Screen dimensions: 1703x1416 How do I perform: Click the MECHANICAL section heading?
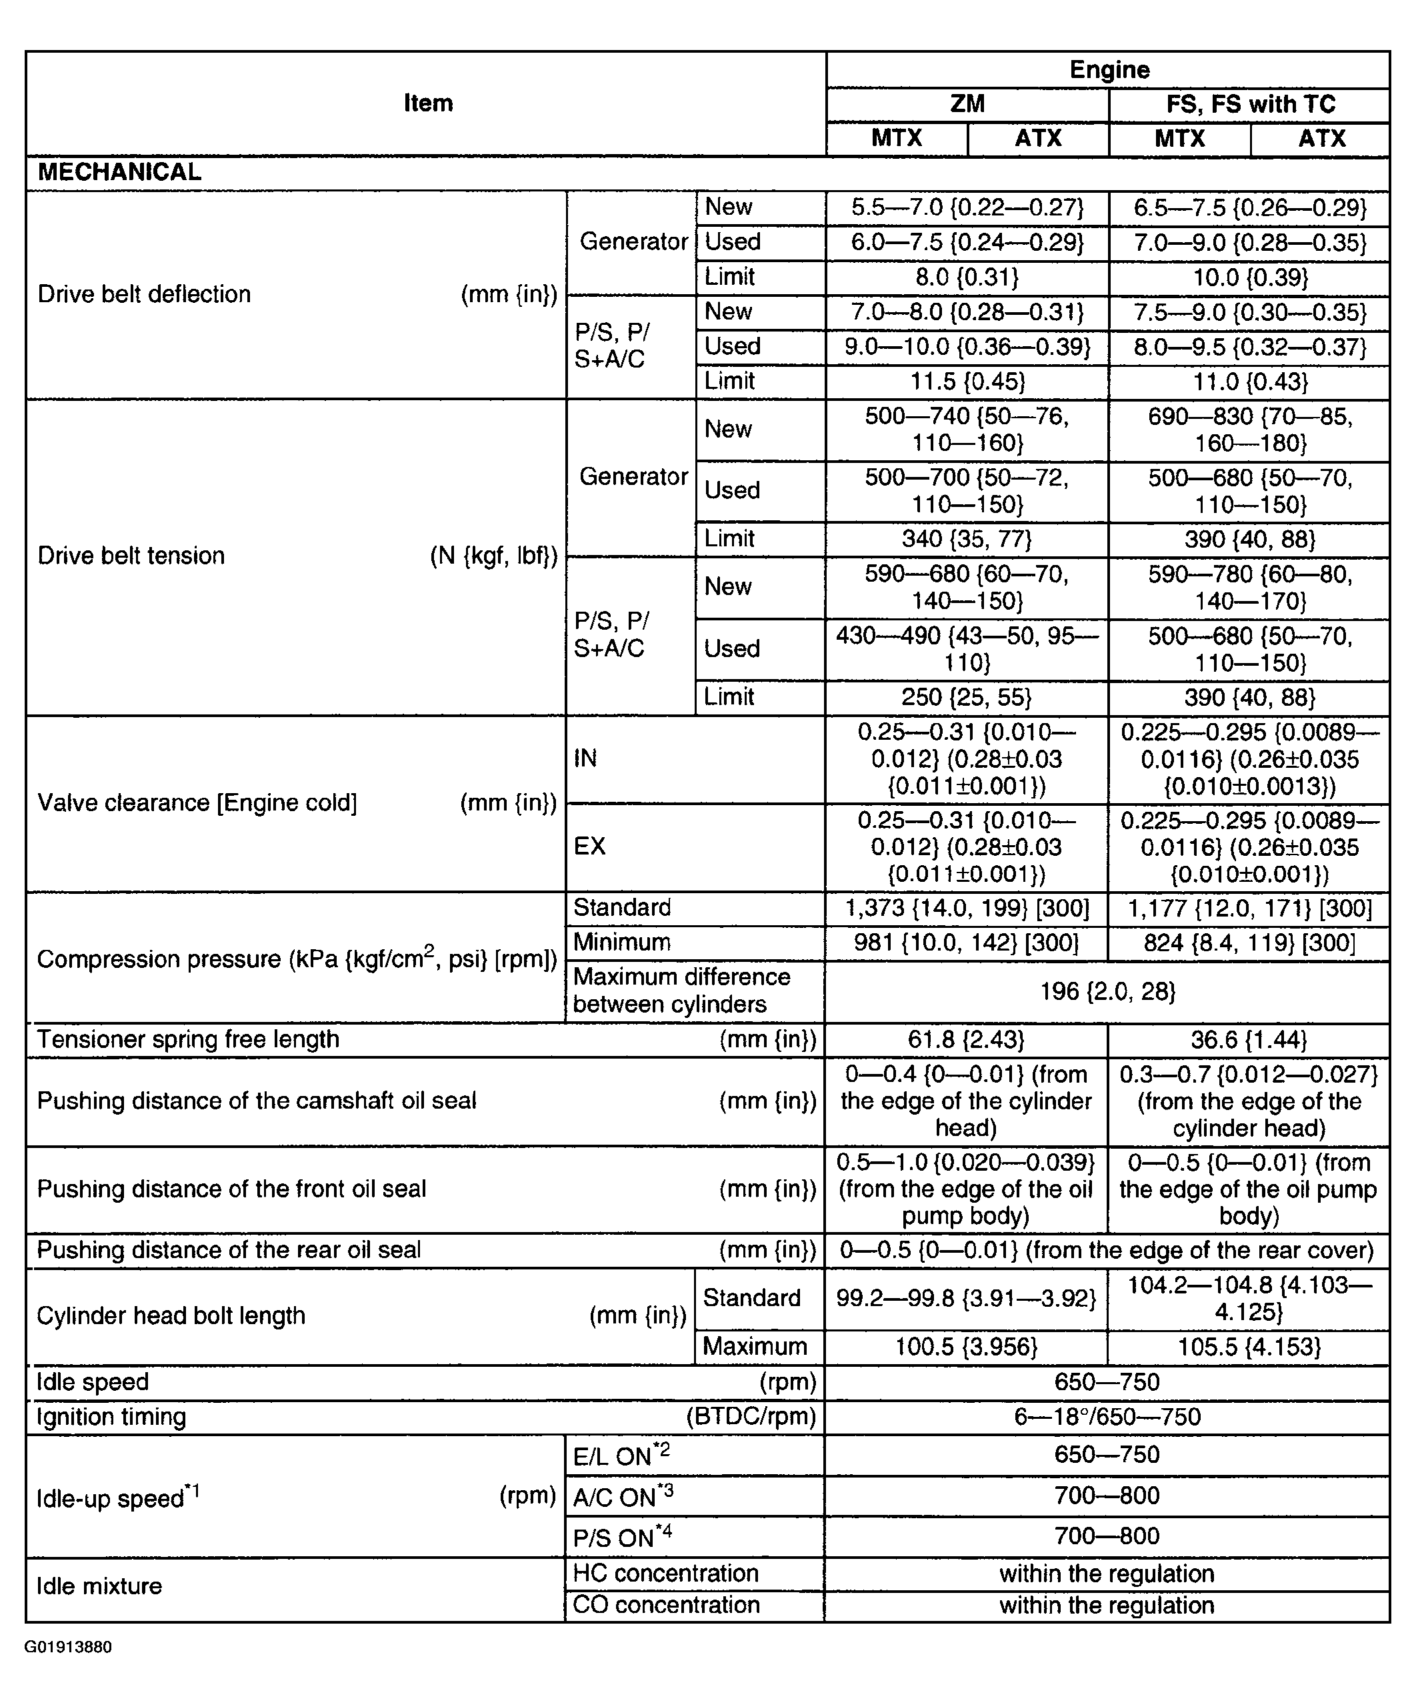(120, 172)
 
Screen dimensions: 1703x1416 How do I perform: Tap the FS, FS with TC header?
(1250, 104)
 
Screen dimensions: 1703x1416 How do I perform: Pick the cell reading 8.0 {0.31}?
(966, 277)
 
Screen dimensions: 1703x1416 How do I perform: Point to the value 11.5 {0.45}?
(966, 381)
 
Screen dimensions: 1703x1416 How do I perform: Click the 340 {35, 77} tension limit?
(966, 538)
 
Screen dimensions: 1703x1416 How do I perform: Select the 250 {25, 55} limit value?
(966, 696)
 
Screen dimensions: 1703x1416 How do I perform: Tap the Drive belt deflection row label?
(144, 294)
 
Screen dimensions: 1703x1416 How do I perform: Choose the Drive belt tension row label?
(131, 556)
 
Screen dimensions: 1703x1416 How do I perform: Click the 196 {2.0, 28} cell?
(1107, 991)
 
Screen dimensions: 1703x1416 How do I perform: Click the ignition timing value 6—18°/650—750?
(1107, 1417)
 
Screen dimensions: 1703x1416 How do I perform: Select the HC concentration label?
(665, 1573)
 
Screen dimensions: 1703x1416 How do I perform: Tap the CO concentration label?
(666, 1605)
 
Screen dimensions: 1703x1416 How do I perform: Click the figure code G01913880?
(68, 1647)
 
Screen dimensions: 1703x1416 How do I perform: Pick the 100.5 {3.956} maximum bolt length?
(966, 1347)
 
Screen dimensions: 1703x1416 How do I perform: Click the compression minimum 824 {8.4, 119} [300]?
(1249, 943)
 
